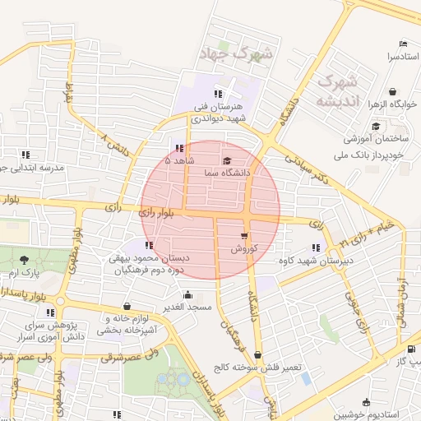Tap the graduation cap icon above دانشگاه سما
(x=227, y=161)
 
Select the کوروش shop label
(x=245, y=248)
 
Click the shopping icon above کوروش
(x=244, y=236)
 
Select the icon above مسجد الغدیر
(x=187, y=294)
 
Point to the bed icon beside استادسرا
(x=402, y=44)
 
